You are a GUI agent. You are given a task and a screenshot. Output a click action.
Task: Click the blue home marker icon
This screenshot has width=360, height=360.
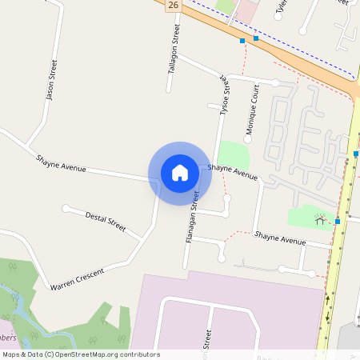click(x=180, y=173)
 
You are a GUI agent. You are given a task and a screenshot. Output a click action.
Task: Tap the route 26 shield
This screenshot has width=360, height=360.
click(x=174, y=6)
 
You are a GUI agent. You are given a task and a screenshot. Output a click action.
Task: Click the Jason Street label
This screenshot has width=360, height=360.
click(x=52, y=82)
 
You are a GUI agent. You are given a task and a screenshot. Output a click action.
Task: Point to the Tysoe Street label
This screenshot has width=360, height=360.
click(x=225, y=95)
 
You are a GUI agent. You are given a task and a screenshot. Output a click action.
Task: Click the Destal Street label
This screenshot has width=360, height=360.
click(x=106, y=222)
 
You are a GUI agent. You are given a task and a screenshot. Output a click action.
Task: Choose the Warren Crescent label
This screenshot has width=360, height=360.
click(x=77, y=279)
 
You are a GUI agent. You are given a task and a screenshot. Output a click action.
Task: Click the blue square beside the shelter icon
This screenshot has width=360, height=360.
click(x=338, y=221)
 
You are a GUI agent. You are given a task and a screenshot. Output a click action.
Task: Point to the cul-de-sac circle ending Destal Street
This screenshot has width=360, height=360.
click(x=66, y=209)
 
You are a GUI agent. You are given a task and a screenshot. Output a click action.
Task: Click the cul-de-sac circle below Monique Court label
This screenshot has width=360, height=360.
click(x=247, y=139)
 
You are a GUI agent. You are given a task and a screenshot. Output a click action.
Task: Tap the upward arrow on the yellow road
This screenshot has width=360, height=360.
click(x=327, y=301)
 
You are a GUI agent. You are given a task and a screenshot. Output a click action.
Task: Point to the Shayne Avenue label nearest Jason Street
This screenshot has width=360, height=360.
click(x=60, y=162)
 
